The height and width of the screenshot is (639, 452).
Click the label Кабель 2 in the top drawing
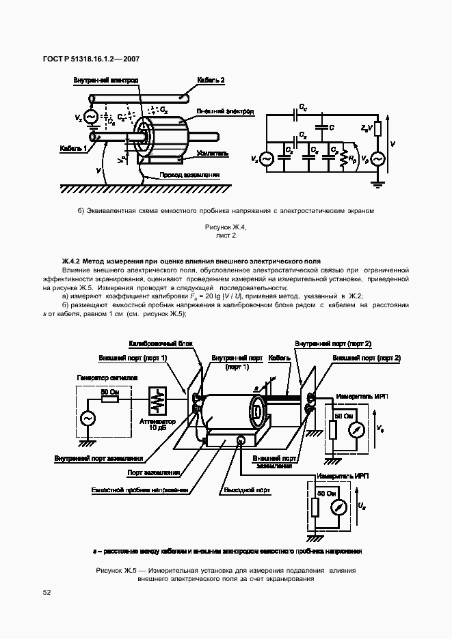tap(211, 80)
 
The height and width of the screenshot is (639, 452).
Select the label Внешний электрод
tap(226, 111)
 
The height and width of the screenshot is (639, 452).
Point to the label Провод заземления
tap(189, 175)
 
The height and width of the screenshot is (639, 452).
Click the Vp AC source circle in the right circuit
tap(376, 158)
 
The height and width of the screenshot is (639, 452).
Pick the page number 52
tap(47, 593)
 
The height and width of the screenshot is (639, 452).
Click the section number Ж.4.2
tap(72, 260)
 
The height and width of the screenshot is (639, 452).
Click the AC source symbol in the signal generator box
tap(88, 417)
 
